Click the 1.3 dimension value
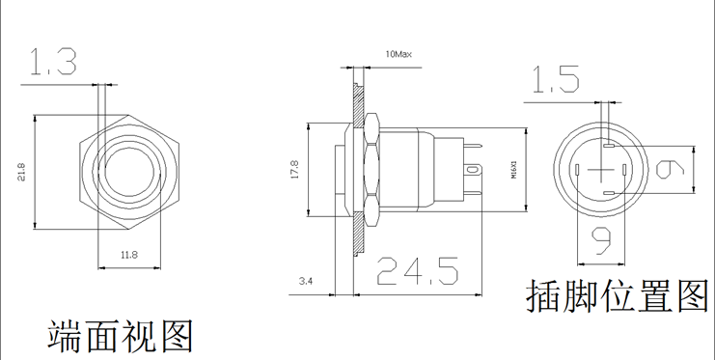pos(53,62)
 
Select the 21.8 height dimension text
pos(22,172)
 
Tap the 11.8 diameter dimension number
pos(129,255)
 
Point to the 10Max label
pos(399,54)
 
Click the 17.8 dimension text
pos(294,169)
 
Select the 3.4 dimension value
pos(306,281)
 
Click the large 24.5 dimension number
pos(417,271)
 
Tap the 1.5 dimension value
pos(557,80)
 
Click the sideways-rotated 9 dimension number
pos(671,170)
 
